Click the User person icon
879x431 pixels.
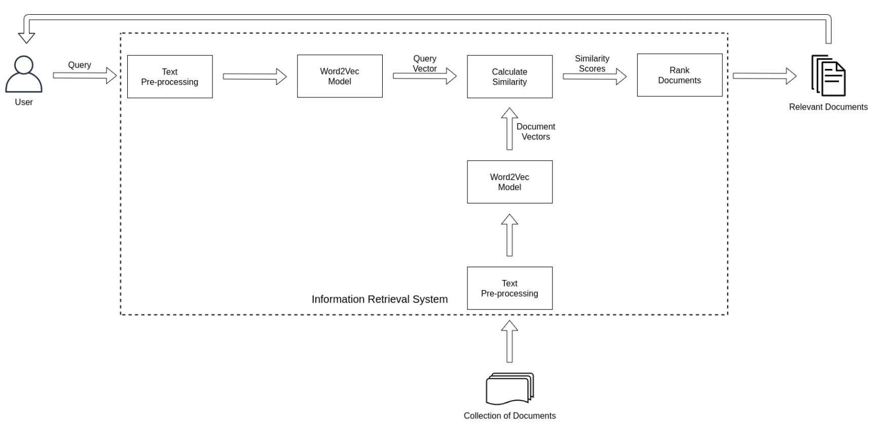point(23,75)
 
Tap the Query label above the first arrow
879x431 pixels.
point(80,65)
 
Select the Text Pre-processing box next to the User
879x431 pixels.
point(170,77)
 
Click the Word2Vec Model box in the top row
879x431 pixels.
point(340,76)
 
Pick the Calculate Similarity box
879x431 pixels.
point(509,77)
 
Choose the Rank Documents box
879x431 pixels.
point(679,75)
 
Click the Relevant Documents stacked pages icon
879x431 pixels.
point(828,76)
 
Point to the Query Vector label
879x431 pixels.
point(425,63)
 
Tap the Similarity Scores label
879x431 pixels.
point(592,63)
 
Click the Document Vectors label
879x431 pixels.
point(536,131)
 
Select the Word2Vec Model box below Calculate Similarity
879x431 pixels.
point(509,182)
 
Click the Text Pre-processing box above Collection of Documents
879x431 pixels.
point(509,288)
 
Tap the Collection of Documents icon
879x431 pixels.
point(509,389)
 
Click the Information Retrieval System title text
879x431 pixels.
point(380,299)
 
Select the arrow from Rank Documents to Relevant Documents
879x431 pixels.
point(764,76)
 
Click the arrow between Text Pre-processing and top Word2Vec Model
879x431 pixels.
point(254,77)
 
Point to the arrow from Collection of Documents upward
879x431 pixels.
point(509,341)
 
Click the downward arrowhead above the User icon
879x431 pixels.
point(26,37)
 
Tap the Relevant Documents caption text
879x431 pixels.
point(828,107)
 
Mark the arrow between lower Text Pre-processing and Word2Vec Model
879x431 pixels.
point(509,235)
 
